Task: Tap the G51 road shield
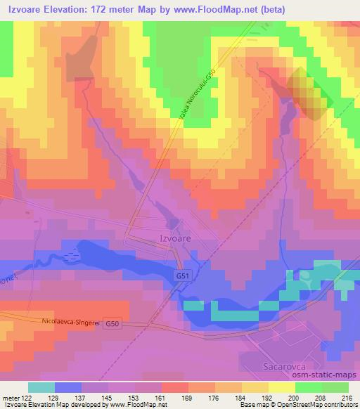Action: [x=182, y=278]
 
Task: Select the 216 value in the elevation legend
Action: [x=343, y=398]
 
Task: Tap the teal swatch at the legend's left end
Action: [x=41, y=387]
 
